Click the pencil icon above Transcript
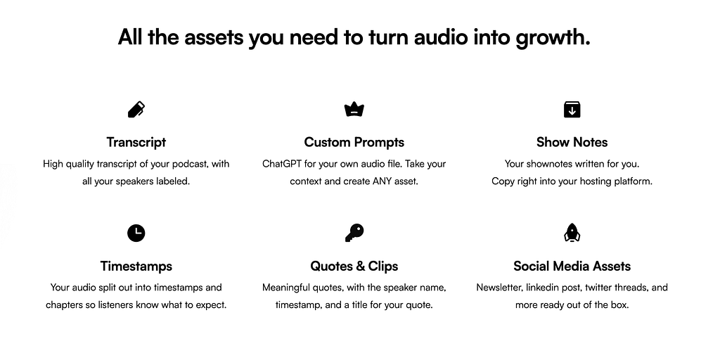pos(136,110)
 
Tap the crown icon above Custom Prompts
pos(354,110)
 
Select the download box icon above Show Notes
pos(572,110)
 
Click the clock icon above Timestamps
pos(136,233)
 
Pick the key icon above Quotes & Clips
pos(354,233)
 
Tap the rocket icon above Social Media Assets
pos(572,233)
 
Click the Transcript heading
pos(136,142)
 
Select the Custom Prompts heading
pos(354,142)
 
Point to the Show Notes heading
pos(572,142)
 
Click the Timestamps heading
pos(136,266)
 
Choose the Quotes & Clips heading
pos(354,266)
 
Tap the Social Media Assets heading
pos(572,266)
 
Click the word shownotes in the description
pos(553,164)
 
